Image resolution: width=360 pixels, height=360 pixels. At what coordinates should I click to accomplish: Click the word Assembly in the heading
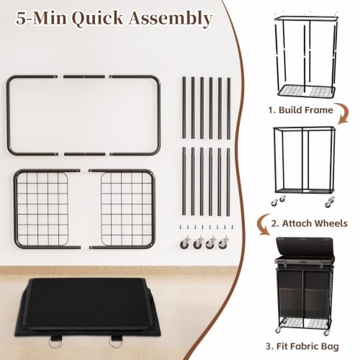(x=171, y=19)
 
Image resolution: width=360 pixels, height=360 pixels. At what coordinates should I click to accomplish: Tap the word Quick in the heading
(x=97, y=18)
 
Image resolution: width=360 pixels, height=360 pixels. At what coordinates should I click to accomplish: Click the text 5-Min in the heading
(x=41, y=18)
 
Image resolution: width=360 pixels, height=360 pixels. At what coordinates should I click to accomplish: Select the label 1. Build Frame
(x=301, y=110)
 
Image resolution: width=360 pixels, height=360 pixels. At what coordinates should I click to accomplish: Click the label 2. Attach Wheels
(x=309, y=223)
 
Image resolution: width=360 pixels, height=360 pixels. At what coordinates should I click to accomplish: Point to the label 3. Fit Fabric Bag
(x=302, y=346)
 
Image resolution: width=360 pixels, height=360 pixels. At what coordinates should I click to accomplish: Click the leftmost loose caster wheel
(x=185, y=243)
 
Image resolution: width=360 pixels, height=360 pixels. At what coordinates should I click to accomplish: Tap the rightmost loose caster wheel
(x=223, y=243)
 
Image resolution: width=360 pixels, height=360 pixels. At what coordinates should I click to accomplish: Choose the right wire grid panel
(x=127, y=209)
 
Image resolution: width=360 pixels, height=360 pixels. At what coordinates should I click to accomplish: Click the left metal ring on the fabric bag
(x=55, y=342)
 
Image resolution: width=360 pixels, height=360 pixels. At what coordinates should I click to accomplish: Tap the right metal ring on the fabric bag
(x=116, y=342)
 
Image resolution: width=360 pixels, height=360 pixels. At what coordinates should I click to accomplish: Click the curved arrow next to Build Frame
(x=343, y=114)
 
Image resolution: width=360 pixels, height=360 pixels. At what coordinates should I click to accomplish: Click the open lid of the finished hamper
(x=305, y=246)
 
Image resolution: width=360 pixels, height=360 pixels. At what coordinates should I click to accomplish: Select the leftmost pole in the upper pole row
(x=184, y=108)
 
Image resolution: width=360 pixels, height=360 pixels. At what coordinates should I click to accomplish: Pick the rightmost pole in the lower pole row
(x=228, y=181)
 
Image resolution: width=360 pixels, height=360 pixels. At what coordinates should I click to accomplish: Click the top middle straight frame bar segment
(x=84, y=77)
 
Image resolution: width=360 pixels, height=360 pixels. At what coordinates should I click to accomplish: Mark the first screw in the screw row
(x=180, y=227)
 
